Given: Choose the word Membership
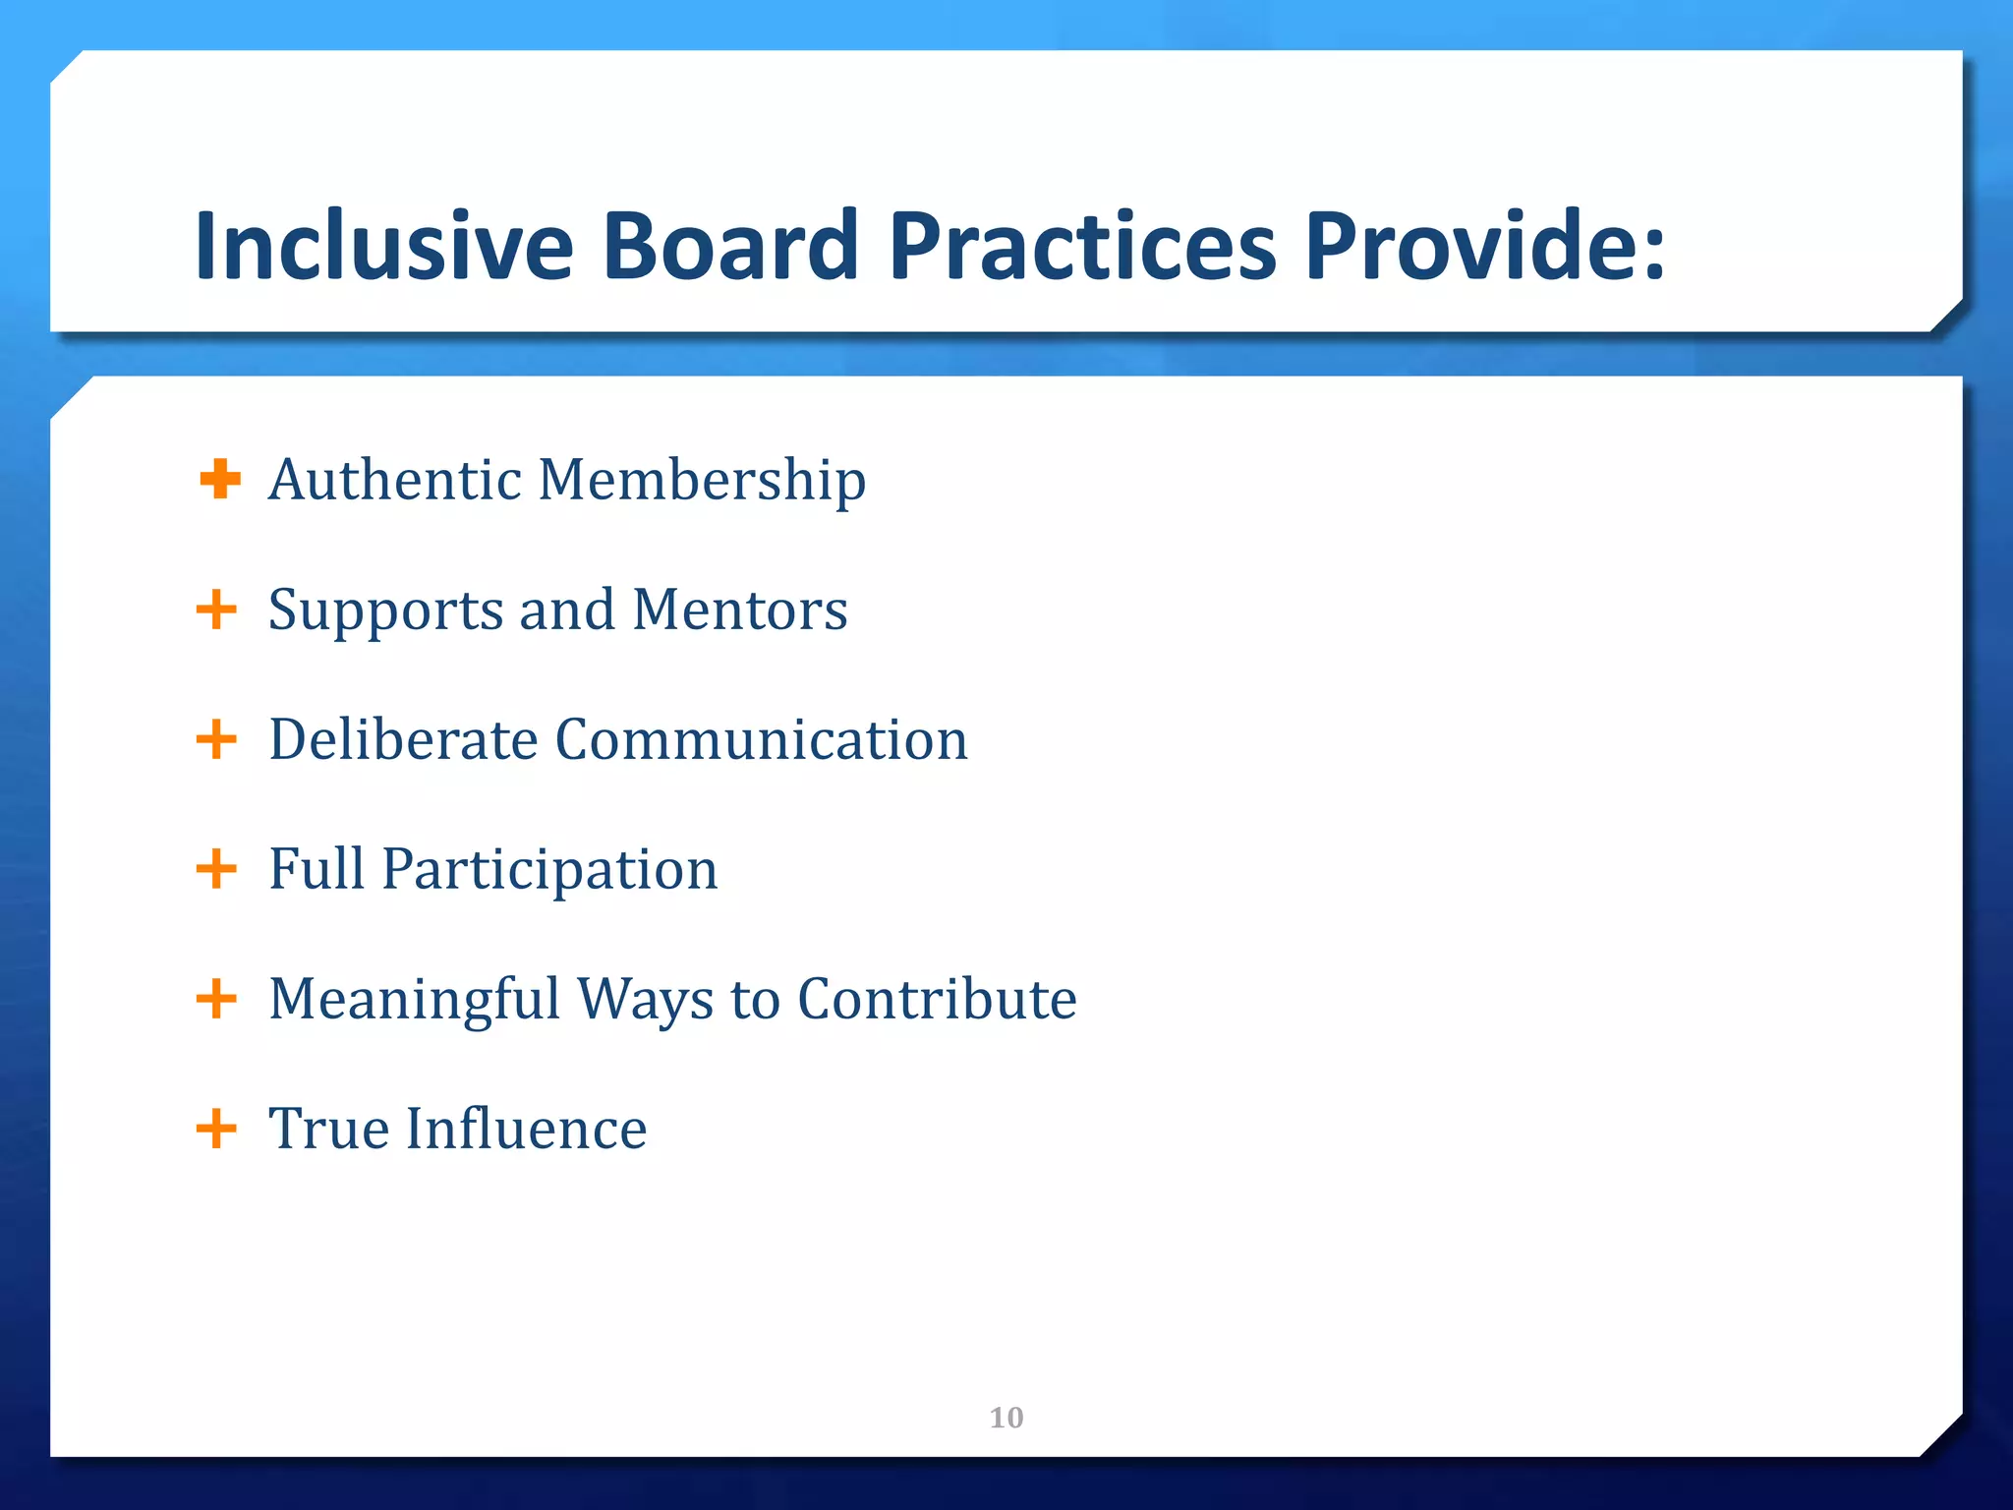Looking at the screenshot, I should tap(702, 481).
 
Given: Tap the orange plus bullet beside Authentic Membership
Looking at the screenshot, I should tap(219, 480).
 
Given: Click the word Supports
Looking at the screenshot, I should tap(385, 610).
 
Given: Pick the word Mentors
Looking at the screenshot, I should tap(740, 610).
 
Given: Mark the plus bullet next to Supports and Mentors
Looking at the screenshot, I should tap(216, 610).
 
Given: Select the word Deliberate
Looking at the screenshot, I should tap(403, 739).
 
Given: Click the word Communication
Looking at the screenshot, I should tap(762, 739).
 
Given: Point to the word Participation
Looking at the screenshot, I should tap(550, 871).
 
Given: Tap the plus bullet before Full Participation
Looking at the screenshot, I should tap(216, 869).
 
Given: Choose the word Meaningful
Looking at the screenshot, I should tap(414, 1001).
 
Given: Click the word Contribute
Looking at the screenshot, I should tap(937, 999).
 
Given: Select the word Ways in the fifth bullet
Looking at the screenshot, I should tap(645, 1001).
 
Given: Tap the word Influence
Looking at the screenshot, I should tap(527, 1129).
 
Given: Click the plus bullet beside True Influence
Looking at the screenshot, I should tap(216, 1129).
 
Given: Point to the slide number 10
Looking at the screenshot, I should tap(1006, 1418).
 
